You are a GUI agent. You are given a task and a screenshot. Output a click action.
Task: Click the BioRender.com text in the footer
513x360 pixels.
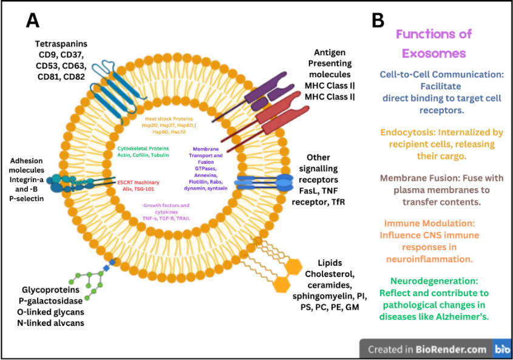(x=451, y=349)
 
